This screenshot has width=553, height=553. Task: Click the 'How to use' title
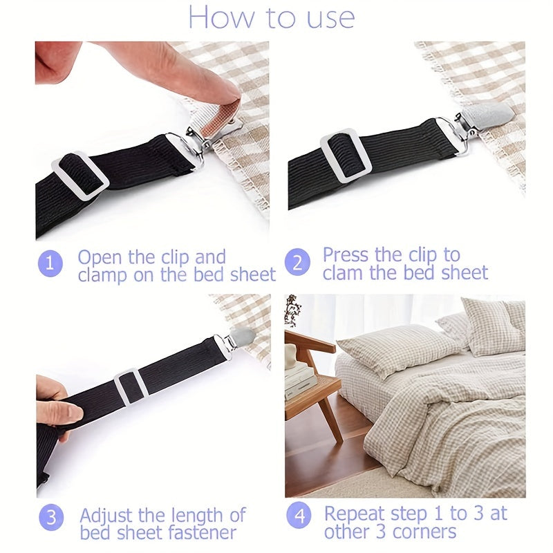pos(272,17)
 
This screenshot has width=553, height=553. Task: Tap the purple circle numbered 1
pos(50,263)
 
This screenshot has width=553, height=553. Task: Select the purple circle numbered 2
pos(297,262)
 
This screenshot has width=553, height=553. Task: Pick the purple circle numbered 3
pos(51,517)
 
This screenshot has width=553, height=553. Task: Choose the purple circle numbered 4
pos(299,516)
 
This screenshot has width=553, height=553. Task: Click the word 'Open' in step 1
pos(100,258)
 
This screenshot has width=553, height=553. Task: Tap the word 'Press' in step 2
pos(346,254)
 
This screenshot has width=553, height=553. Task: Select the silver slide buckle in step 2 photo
pos(346,156)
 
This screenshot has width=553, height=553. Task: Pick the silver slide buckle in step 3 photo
pos(130,387)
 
